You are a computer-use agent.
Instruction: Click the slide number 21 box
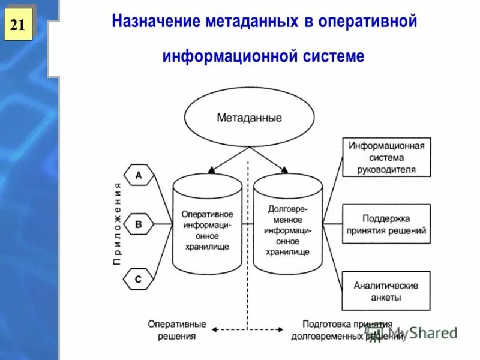coord(18,25)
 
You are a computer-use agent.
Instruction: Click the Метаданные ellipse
coord(249,118)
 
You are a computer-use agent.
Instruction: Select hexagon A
coord(139,176)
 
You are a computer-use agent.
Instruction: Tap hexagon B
coord(139,224)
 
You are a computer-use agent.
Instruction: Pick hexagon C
coord(139,279)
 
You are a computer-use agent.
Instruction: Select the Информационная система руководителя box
coord(386,157)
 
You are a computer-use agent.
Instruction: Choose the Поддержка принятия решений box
coord(386,224)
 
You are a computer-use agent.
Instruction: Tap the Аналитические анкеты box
coord(386,291)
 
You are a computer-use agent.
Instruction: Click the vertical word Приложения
coord(118,223)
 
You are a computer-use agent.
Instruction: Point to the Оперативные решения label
coord(177,330)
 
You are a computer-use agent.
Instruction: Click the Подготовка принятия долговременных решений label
coord(347,330)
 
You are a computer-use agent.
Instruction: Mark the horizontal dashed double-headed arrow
coord(249,329)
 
